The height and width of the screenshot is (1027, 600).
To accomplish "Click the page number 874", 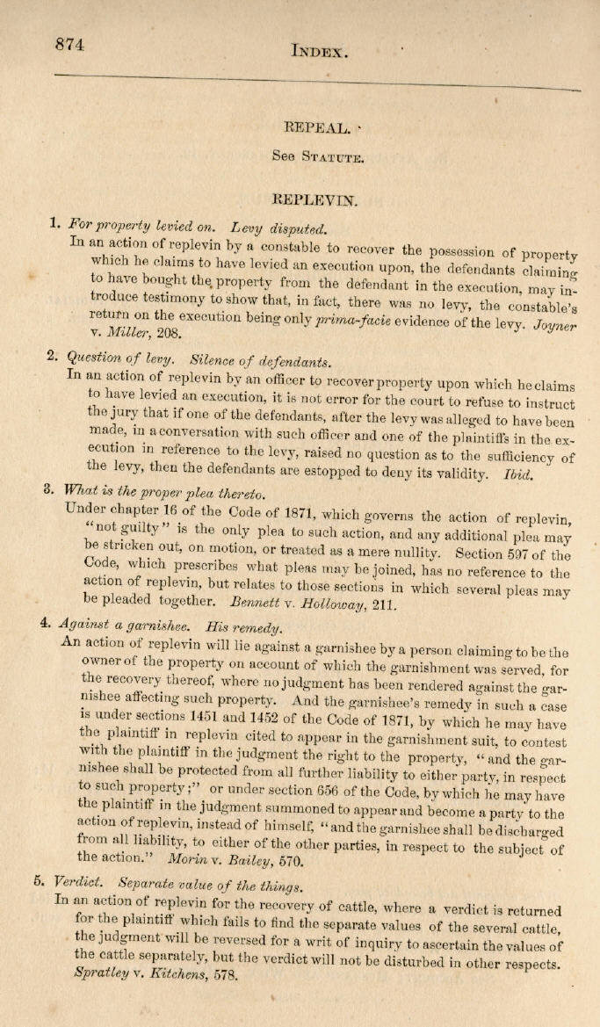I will [69, 46].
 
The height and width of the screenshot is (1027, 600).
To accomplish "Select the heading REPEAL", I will [314, 128].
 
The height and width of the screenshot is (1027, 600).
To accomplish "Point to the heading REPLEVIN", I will [315, 199].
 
